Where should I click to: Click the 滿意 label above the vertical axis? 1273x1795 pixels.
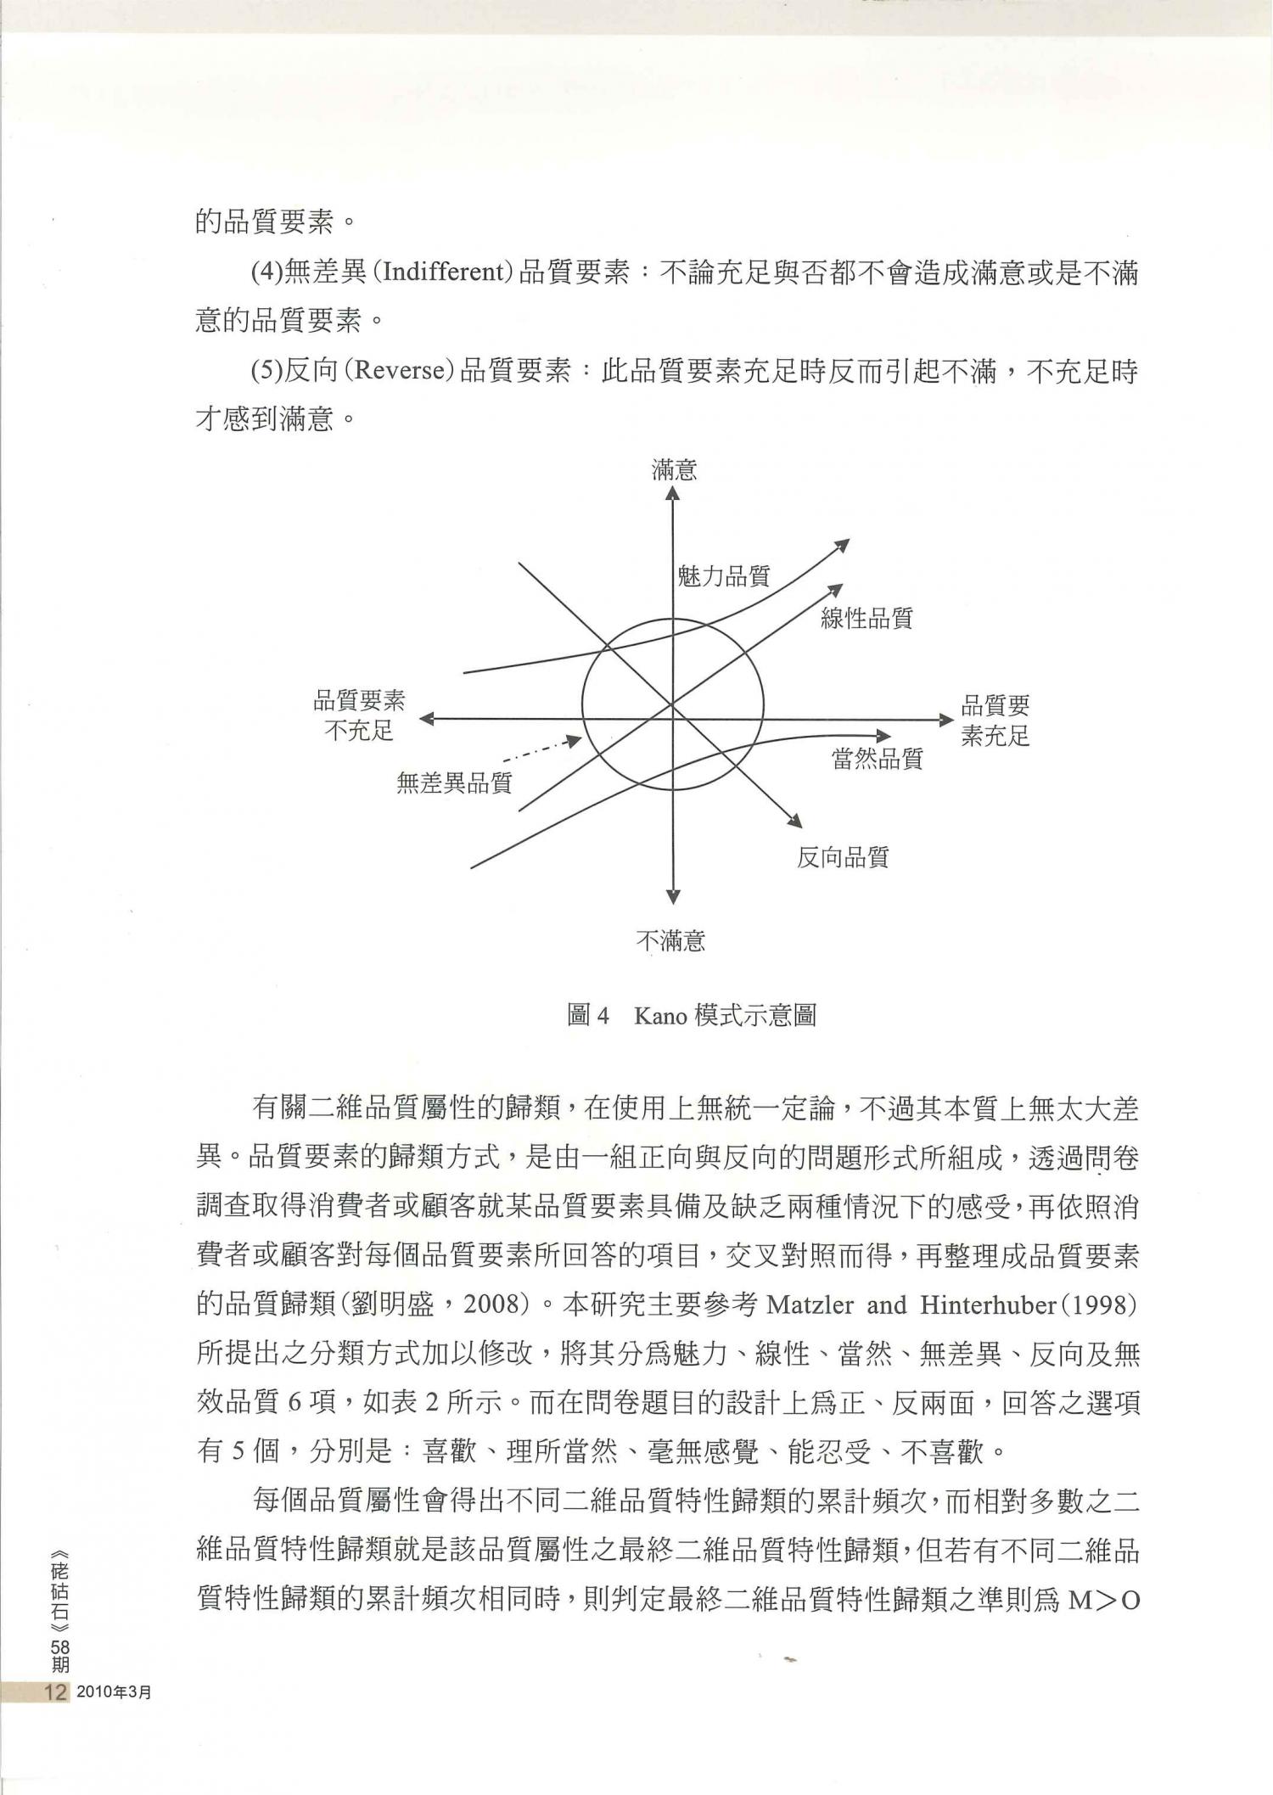coord(674,469)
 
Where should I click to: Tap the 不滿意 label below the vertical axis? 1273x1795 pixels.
coord(670,940)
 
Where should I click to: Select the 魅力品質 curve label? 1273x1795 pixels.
coord(723,576)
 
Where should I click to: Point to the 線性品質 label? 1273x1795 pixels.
coord(866,618)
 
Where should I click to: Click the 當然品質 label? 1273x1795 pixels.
coord(877,758)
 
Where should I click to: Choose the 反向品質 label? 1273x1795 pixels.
coord(842,857)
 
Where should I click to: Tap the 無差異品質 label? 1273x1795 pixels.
coord(454,782)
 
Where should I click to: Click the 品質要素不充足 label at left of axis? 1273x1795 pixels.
coord(359,715)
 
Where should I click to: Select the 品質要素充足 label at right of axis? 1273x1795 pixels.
coord(995,720)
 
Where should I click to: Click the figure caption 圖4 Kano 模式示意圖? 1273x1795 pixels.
coord(691,1015)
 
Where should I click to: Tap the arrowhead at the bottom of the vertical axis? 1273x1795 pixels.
coord(673,896)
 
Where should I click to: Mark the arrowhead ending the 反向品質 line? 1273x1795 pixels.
coord(795,821)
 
